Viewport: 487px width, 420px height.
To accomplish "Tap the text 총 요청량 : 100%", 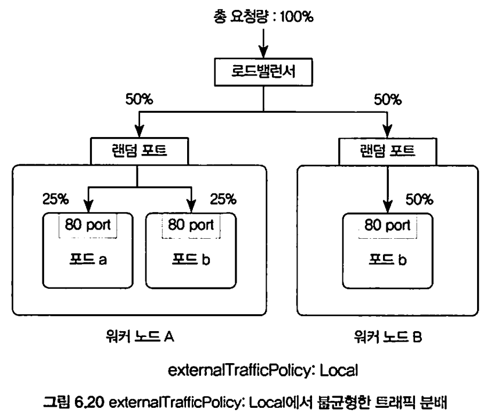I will click(263, 17).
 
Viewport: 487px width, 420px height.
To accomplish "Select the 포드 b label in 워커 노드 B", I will click(387, 260).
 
